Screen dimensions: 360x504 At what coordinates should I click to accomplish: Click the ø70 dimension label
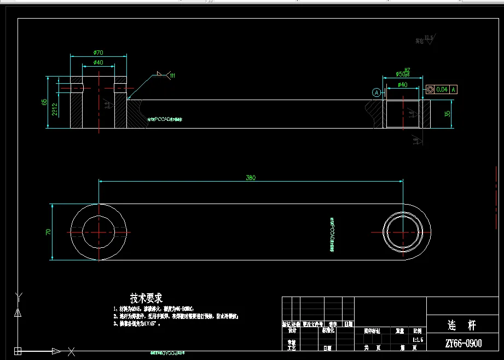pos(98,53)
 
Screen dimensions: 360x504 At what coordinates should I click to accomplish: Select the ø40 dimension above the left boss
pos(98,62)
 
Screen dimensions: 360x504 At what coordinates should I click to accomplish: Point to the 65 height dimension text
pos(44,103)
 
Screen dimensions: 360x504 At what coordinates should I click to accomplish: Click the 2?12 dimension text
pos(55,109)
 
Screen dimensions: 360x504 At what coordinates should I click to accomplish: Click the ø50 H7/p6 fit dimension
pos(403,73)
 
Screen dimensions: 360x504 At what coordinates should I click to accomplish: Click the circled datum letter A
pos(376,92)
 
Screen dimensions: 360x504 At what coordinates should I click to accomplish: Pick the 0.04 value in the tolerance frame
pos(442,89)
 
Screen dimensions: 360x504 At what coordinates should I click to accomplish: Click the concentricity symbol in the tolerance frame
pos(430,89)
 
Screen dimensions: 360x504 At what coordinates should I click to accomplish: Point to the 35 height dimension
pos(447,114)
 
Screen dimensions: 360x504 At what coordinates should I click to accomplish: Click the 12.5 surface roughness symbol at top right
pos(427,39)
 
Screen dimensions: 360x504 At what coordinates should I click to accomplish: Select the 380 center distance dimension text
pos(251,177)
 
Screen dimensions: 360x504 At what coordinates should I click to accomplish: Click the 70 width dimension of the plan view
pos(48,232)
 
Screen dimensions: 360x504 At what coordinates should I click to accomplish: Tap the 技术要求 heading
pos(146,298)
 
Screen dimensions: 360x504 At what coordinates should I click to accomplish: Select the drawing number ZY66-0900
pos(464,344)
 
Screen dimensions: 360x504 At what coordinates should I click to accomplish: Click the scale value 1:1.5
pos(418,339)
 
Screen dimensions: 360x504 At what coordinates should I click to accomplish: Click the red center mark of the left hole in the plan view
pos(99,232)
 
